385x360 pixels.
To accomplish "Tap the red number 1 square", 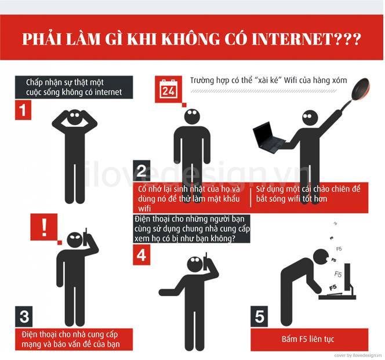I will (23, 110).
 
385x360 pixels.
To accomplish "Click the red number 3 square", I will (24, 317).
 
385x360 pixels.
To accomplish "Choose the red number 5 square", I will (260, 317).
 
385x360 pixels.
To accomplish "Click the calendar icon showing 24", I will (168, 89).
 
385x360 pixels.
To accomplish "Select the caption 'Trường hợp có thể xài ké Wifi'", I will (268, 81).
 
